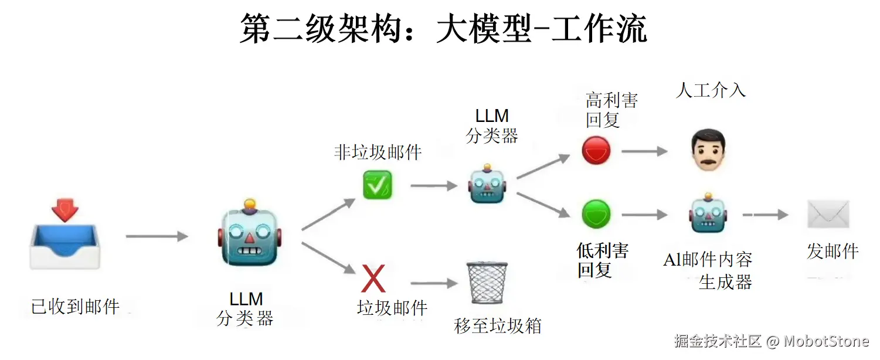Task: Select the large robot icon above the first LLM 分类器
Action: point(250,235)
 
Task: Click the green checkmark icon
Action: point(377,185)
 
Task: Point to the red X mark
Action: point(373,279)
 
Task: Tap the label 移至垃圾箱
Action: point(498,326)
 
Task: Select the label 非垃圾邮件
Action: point(378,152)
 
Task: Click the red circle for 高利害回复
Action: point(596,151)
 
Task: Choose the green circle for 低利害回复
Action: point(596,215)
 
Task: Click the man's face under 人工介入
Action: point(708,150)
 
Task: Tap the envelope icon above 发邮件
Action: point(828,214)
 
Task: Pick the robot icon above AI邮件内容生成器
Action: point(708,215)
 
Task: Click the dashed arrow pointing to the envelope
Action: point(765,215)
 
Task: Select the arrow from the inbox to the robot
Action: point(157,236)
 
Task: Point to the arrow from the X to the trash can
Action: point(433,284)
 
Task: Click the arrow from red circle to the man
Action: point(644,151)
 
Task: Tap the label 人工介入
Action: point(711,90)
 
